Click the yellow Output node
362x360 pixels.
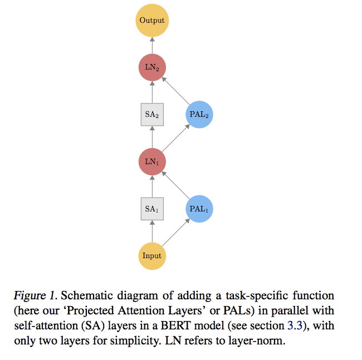[x=152, y=21]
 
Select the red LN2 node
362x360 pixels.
[x=152, y=68]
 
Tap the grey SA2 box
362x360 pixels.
[x=152, y=115]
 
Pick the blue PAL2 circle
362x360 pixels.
[x=199, y=115]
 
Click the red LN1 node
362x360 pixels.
[x=152, y=161]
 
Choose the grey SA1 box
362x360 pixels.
[x=152, y=209]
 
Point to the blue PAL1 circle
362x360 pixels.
[x=199, y=209]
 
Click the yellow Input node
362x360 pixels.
[x=152, y=255]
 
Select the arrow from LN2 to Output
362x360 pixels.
[x=152, y=45]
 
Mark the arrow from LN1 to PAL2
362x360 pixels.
[x=175, y=138]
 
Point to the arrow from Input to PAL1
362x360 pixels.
[x=175, y=232]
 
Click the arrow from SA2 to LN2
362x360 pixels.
[x=152, y=92]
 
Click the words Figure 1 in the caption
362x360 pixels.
[x=49, y=295]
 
